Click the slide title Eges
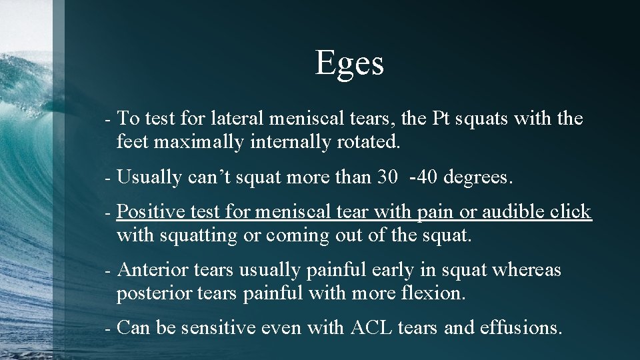[349, 63]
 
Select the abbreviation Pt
[443, 119]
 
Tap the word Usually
[149, 178]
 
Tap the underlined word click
[569, 212]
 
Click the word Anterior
[153, 270]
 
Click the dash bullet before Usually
[108, 179]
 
